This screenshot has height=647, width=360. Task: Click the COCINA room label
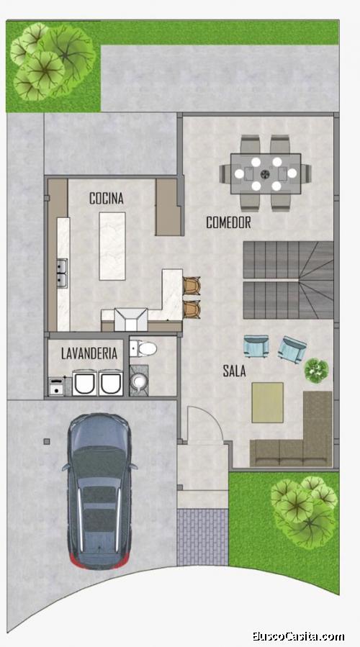107,198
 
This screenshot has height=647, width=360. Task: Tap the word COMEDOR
229,222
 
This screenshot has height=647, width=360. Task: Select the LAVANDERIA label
89,353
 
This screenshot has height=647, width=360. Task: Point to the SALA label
235,371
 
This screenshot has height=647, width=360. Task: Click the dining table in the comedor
266,173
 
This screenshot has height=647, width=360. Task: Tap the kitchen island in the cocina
112,246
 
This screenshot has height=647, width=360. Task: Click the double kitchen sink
63,273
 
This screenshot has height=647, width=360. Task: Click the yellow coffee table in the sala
268,402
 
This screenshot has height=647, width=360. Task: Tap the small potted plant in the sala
317,370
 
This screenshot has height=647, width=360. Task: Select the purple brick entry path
203,537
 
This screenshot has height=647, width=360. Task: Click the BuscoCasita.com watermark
299,636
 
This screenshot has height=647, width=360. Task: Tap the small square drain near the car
47,441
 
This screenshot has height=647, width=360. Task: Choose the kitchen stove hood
131,320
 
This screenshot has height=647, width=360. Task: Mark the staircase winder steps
316,280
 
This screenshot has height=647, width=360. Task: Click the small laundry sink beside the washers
57,386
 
